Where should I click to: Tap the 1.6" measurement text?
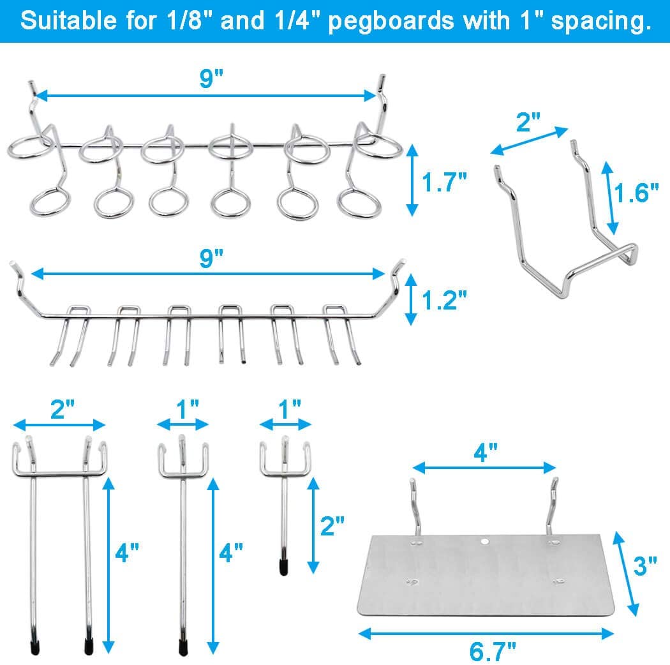pyautogui.click(x=636, y=192)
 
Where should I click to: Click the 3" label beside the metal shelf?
pyautogui.click(x=646, y=565)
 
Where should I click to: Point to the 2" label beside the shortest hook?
pyautogui.click(x=332, y=526)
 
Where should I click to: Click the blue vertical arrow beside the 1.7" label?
pyautogui.click(x=412, y=180)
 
